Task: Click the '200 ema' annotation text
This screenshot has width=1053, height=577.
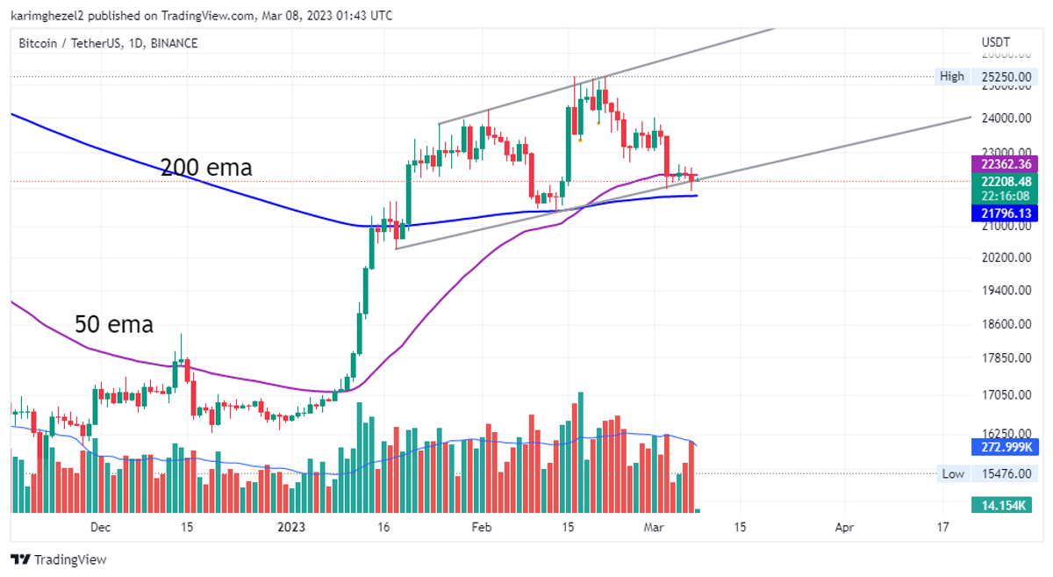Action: [206, 167]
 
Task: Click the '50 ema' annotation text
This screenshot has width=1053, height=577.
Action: [113, 324]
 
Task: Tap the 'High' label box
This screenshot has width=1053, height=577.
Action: [951, 76]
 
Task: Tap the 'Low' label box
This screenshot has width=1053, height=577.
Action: [952, 474]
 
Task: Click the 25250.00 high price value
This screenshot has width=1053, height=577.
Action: [1006, 76]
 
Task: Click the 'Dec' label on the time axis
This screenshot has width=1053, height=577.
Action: [101, 528]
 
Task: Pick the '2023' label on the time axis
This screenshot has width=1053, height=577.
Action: [290, 528]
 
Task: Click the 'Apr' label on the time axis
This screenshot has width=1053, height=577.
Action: [844, 528]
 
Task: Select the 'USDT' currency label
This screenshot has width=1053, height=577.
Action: [996, 43]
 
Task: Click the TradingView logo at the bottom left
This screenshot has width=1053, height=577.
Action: [58, 559]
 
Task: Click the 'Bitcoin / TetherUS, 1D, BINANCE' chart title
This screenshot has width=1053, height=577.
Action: [109, 43]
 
